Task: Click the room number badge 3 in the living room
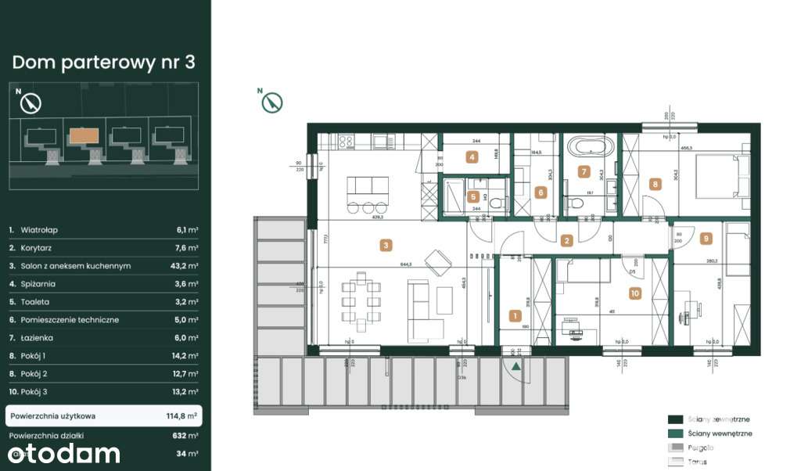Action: (x=386, y=245)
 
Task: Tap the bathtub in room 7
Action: (x=591, y=146)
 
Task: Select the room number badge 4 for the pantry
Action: (x=472, y=156)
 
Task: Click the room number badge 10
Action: (x=634, y=293)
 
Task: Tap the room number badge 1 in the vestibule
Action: (x=515, y=316)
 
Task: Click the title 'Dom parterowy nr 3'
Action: (x=103, y=63)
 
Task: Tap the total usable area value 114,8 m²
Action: (x=182, y=415)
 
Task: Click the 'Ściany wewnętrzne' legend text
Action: (x=720, y=433)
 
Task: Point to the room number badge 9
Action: (x=706, y=239)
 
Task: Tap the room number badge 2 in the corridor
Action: (x=567, y=241)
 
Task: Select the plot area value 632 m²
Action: (x=187, y=436)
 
